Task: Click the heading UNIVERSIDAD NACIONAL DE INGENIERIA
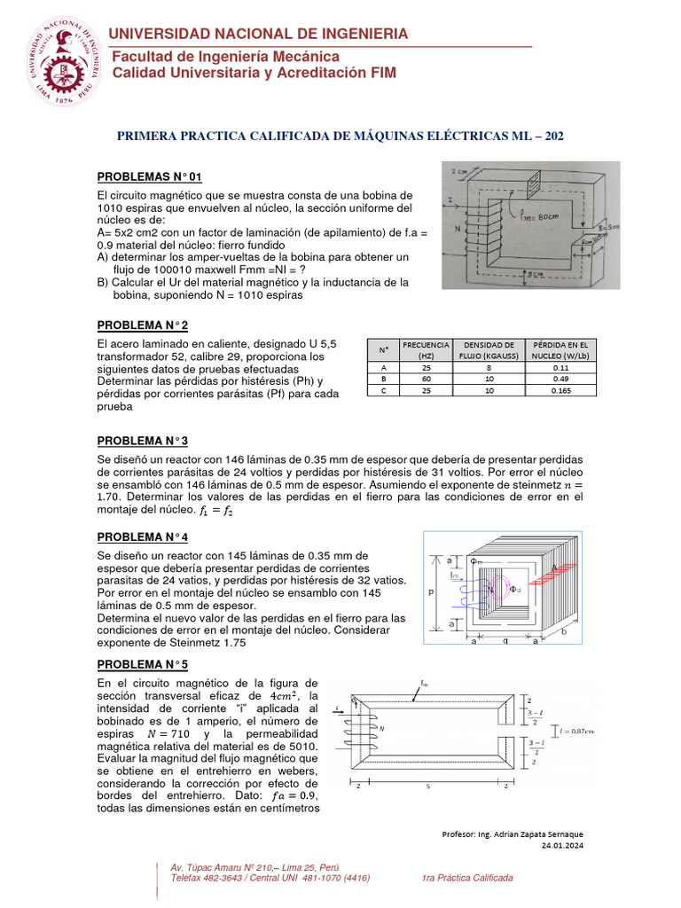pos(258,34)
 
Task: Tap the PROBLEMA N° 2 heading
pos(142,325)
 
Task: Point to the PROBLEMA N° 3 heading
pos(142,441)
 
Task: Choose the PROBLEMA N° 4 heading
pos(142,537)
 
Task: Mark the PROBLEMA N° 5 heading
pos(142,664)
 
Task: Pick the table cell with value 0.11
pos(560,366)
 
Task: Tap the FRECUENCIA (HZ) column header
pos(427,348)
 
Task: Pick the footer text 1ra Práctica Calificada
pos(467,877)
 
